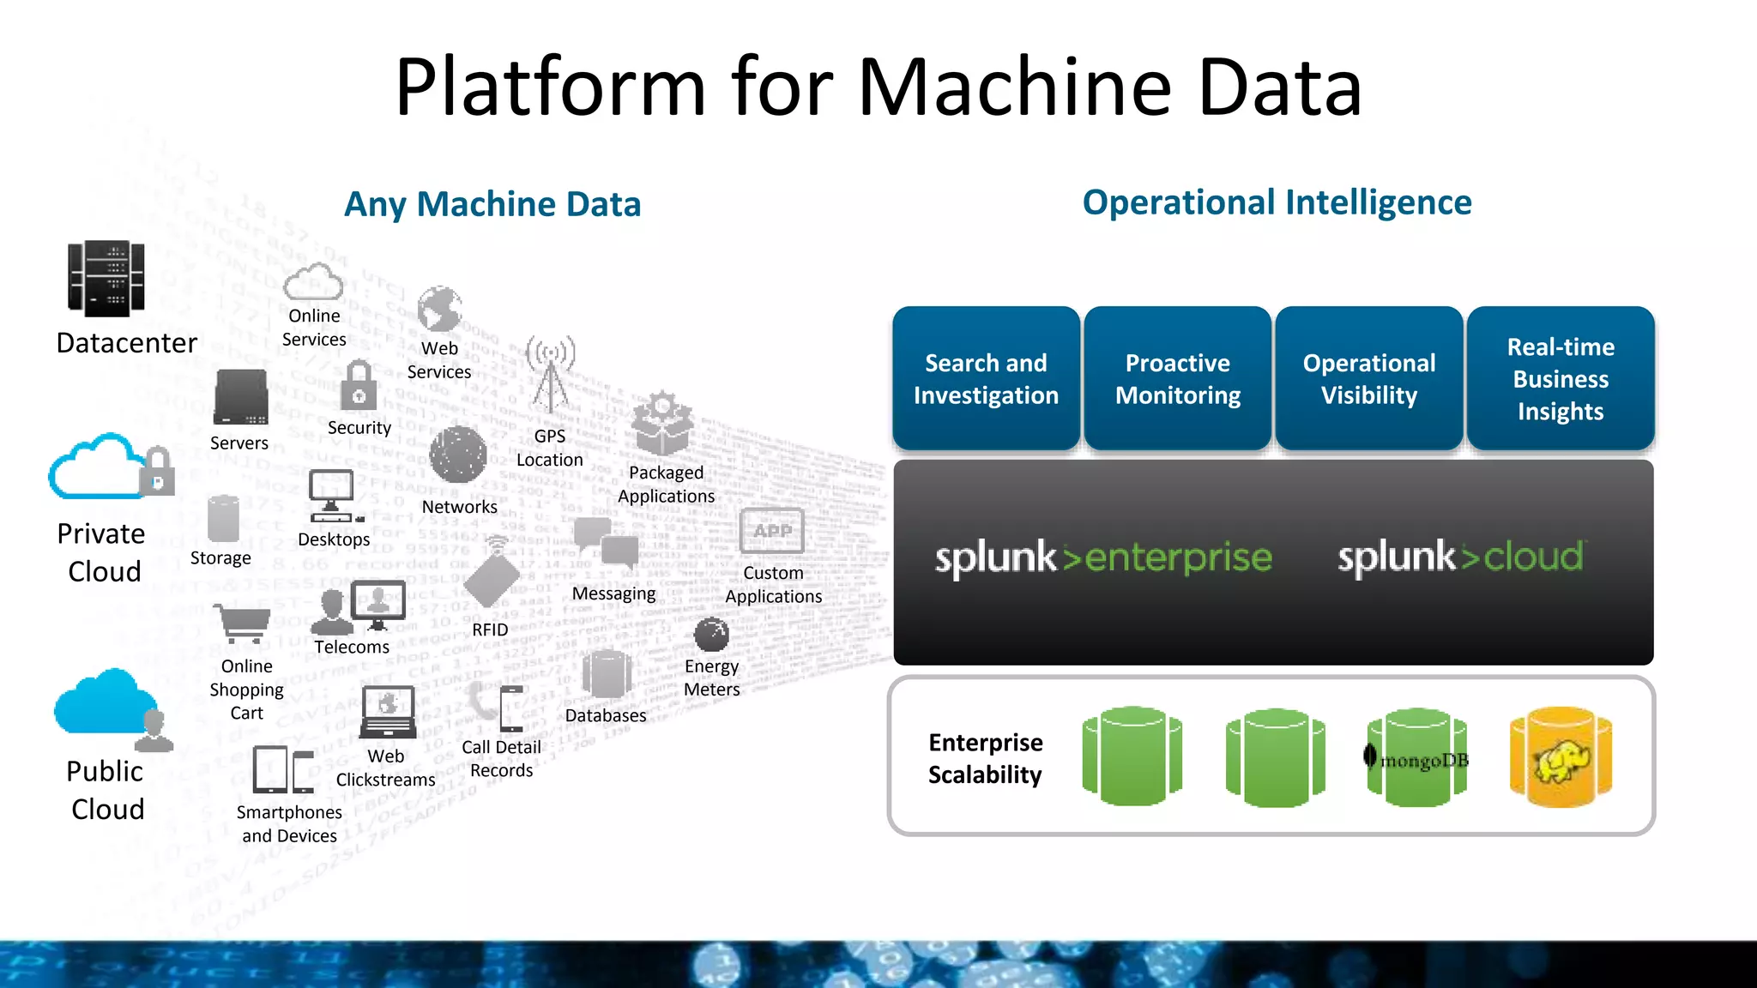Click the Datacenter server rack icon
click(x=106, y=279)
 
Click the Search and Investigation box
click(x=986, y=378)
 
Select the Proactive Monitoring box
click(x=1177, y=378)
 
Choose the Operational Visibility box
click(x=1368, y=378)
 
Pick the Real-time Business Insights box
click(x=1560, y=378)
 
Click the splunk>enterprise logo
click(x=1102, y=557)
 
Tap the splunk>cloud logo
click(x=1461, y=557)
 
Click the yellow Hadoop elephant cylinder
click(x=1561, y=756)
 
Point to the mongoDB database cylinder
click(x=1417, y=756)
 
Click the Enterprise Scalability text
click(x=985, y=758)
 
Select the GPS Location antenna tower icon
click(x=550, y=376)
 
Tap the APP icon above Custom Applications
click(x=772, y=532)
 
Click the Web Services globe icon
click(x=439, y=310)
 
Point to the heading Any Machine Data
click(x=492, y=204)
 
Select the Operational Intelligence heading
click(x=1277, y=202)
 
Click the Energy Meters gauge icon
click(x=711, y=636)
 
